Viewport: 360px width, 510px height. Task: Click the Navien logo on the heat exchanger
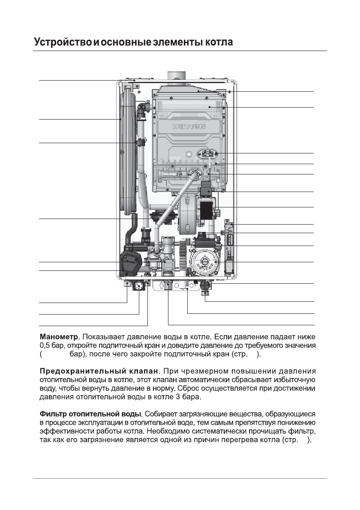189,127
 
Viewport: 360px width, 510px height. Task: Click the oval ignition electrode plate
208,154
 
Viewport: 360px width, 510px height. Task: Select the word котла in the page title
218,43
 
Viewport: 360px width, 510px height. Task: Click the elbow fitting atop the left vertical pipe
144,105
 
